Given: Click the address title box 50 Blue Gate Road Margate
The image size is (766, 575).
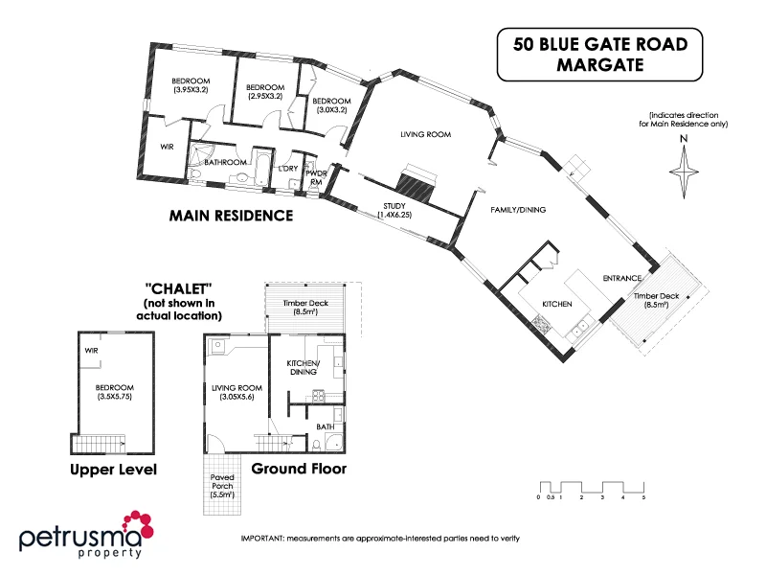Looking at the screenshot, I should (599, 55).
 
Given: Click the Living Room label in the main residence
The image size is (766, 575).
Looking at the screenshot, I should (426, 135).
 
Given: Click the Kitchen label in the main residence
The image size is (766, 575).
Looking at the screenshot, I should (557, 303).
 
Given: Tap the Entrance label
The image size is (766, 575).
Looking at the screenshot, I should (621, 279).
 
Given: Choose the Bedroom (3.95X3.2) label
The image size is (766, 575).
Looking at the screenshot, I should (191, 84).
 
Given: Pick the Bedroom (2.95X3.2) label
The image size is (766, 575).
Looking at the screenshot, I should (265, 91).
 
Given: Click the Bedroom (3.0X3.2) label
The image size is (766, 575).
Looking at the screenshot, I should (331, 104).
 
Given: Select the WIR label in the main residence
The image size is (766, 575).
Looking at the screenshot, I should (166, 147).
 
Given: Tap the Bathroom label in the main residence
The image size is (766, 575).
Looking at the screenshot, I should (227, 163).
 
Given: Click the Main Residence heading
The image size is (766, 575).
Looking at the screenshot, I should (231, 216).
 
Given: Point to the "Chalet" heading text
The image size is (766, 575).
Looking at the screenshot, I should (178, 287).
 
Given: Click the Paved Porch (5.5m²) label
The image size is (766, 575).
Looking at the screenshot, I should (228, 490).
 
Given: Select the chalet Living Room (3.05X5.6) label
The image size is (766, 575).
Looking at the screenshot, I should (235, 393).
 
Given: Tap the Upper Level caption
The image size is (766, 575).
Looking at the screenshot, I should (113, 470).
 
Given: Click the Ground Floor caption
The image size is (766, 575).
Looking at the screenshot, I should (299, 470).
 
